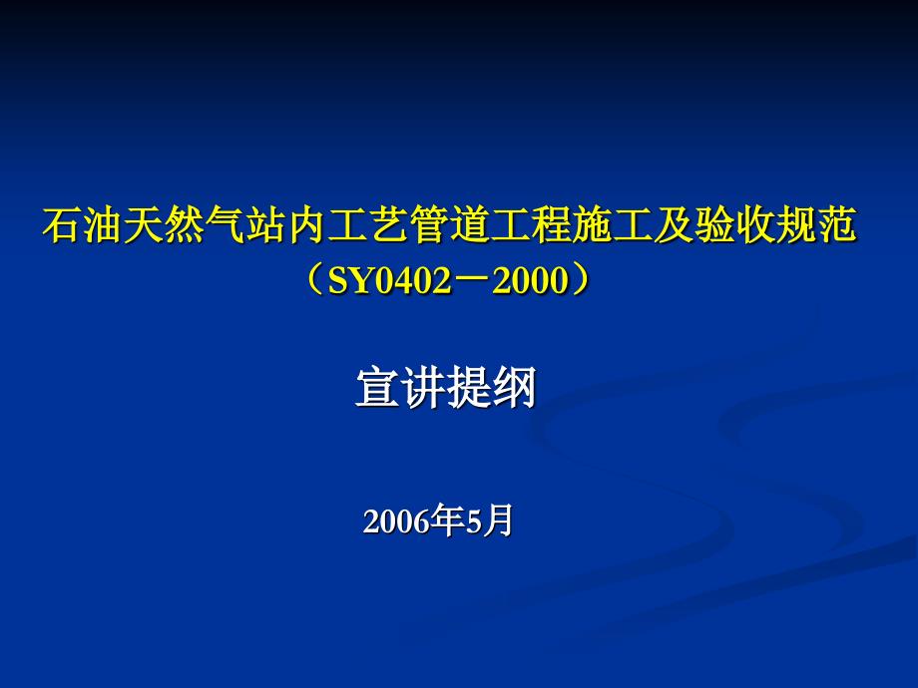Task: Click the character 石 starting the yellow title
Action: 62,224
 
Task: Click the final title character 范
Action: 835,224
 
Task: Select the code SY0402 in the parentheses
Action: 390,281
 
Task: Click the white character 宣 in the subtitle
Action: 377,387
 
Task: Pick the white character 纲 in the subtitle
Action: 514,387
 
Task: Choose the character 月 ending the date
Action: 497,520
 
